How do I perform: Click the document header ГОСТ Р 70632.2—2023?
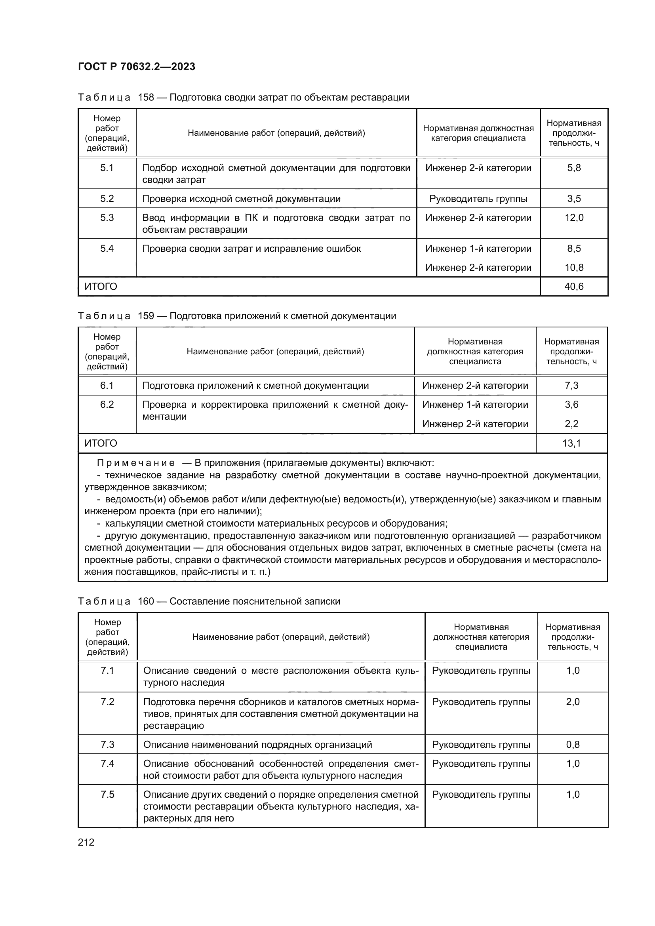tap(136, 67)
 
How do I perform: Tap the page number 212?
tap(86, 842)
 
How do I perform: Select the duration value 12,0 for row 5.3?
tap(573, 218)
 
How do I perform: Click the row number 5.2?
tap(107, 198)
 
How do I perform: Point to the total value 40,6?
tap(573, 286)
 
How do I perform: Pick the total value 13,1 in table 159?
tap(571, 443)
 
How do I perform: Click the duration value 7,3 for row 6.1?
tap(571, 386)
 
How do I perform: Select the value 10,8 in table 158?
tap(573, 267)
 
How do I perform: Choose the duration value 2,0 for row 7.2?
tap(572, 702)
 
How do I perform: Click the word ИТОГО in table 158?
tap(101, 286)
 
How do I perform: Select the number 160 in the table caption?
tap(146, 601)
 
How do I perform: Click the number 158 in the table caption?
tap(146, 97)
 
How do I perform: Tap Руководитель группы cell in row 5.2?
tap(478, 198)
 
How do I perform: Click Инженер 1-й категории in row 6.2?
tap(475, 405)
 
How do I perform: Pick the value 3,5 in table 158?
tap(573, 198)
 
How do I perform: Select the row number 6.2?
tap(107, 405)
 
